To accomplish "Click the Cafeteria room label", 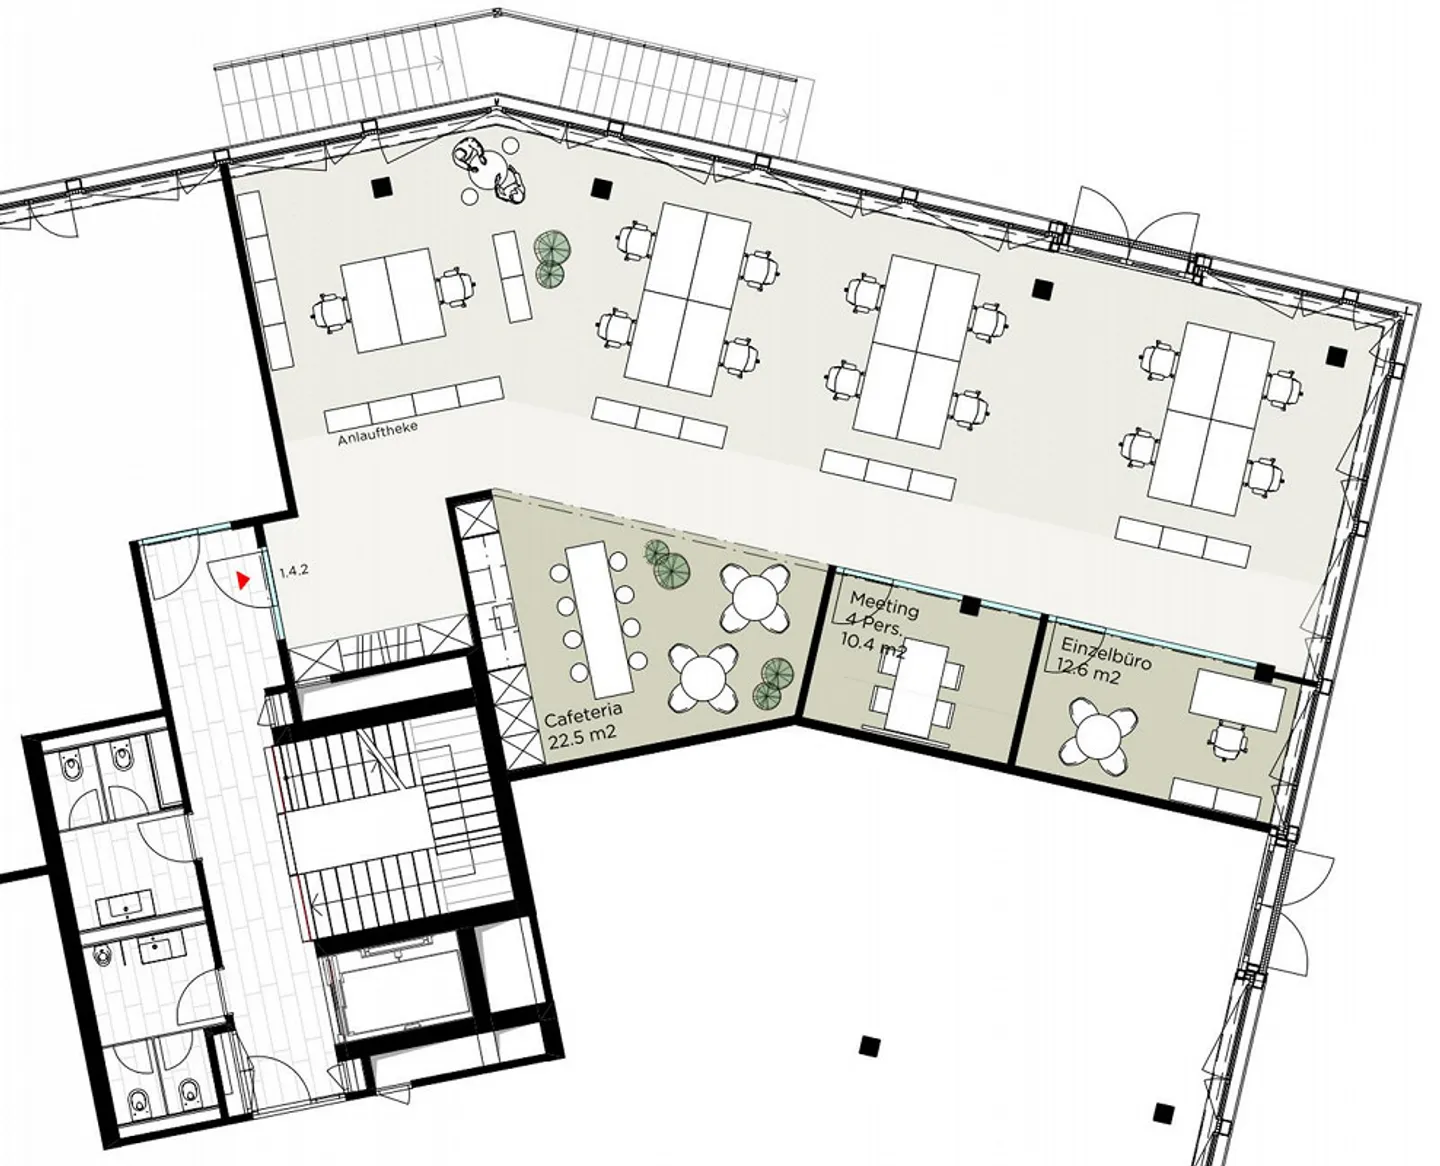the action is coord(583,714).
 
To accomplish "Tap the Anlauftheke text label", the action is coord(377,433).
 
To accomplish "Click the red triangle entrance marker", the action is coord(243,580).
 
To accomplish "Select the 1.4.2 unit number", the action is coord(294,570).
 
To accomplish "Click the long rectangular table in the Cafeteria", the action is coord(600,622).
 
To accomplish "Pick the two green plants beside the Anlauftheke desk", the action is coord(551,257).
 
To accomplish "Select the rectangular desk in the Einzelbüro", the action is coord(1238,698).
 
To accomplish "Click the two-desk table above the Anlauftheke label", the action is coord(395,299).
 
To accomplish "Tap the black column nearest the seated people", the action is coord(383,187).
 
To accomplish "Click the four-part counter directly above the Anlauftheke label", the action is coord(415,404).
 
